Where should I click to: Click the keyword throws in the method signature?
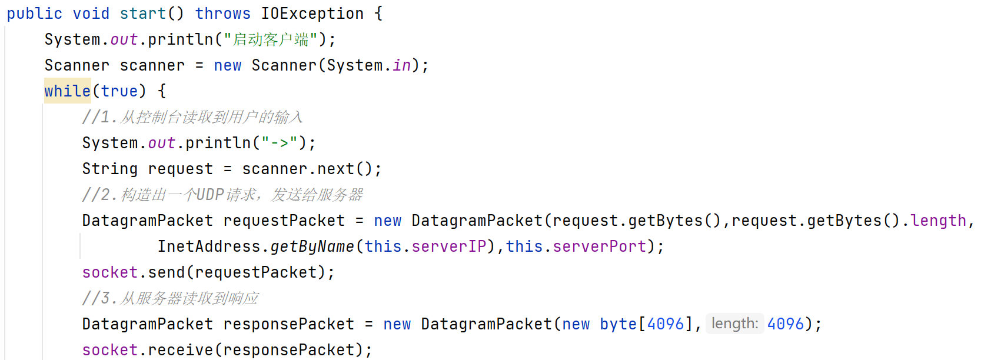[x=222, y=14]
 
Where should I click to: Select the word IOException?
[x=312, y=14]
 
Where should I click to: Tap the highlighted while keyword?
[x=67, y=91]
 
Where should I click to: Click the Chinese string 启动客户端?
[x=271, y=39]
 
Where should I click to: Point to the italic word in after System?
[x=401, y=65]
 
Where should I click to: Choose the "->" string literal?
[x=280, y=143]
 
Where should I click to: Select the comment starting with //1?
[x=192, y=117]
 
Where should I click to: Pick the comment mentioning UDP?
[x=222, y=195]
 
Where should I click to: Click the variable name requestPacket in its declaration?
[x=284, y=221]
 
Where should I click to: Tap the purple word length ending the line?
[x=938, y=221]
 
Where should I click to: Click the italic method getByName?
[x=312, y=246]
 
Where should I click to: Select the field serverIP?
[x=448, y=246]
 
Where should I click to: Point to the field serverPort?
[x=599, y=246]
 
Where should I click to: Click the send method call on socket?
[x=166, y=272]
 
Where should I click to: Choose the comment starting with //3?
[x=170, y=298]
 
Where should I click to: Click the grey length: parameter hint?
[x=734, y=324]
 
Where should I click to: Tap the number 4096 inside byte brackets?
[x=665, y=324]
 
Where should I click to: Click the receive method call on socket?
[x=180, y=350]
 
